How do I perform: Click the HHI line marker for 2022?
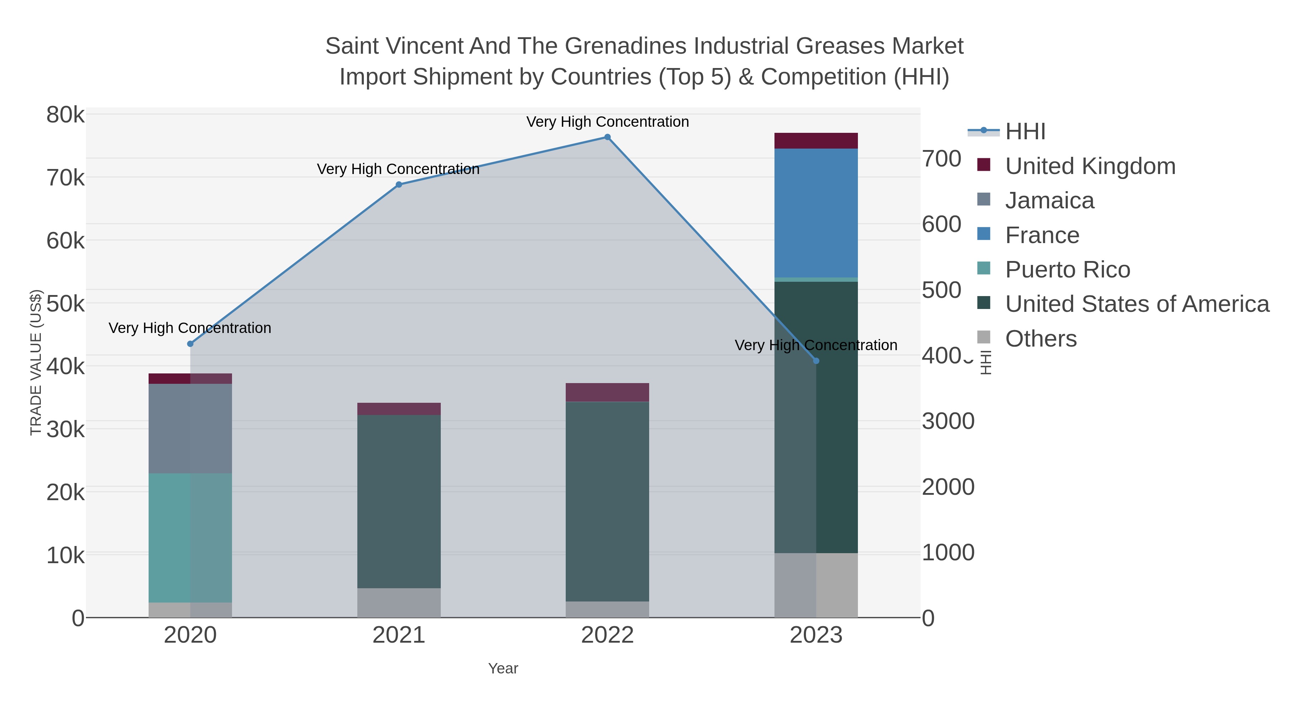(608, 137)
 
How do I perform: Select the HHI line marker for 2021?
(399, 185)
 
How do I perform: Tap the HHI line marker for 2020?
(190, 344)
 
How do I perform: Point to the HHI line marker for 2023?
(816, 361)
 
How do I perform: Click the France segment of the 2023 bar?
(816, 213)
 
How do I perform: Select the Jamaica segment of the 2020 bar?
(190, 428)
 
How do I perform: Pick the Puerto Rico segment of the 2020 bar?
(190, 538)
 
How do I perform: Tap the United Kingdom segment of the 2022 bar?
(608, 392)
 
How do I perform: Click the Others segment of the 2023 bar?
(816, 585)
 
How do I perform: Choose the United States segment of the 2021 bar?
(399, 501)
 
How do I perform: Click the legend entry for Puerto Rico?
(1067, 270)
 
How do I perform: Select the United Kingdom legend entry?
(1090, 166)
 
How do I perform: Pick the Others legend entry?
(1041, 339)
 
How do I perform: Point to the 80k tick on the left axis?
(66, 115)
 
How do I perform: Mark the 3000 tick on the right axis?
(948, 421)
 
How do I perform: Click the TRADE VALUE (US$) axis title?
(36, 362)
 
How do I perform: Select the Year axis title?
(503, 668)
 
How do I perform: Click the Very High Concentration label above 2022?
(608, 122)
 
